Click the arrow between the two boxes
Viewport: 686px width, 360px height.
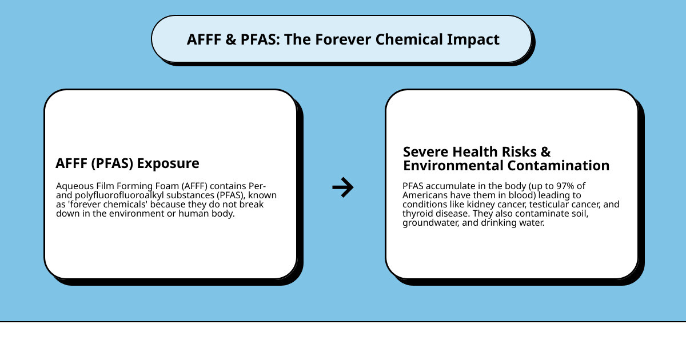click(343, 187)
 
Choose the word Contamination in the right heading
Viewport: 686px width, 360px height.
click(558, 166)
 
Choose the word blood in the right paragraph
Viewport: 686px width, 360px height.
click(532, 195)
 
